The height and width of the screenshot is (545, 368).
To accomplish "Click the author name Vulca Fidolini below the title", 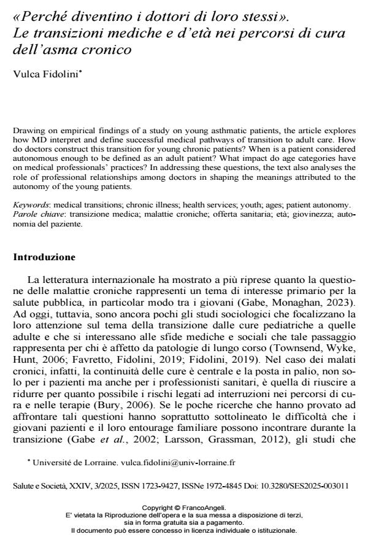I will click(47, 74).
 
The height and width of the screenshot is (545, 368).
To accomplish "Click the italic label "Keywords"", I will click(29, 204).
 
